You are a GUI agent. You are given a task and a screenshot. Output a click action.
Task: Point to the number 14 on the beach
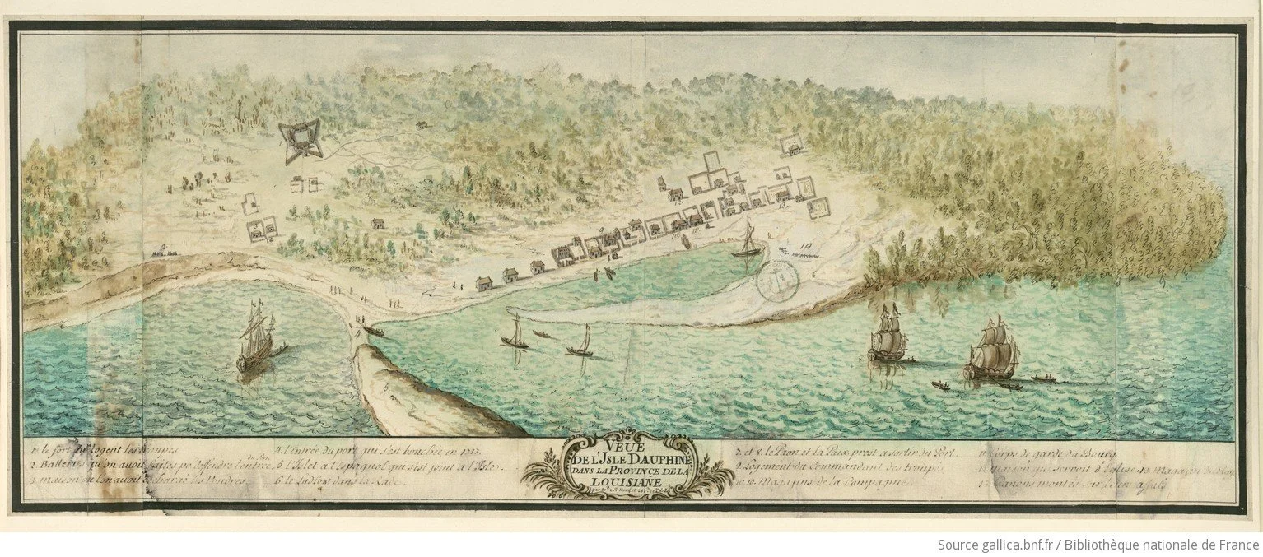[x=804, y=244]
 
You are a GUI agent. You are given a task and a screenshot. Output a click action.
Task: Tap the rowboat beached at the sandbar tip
[x=372, y=332]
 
